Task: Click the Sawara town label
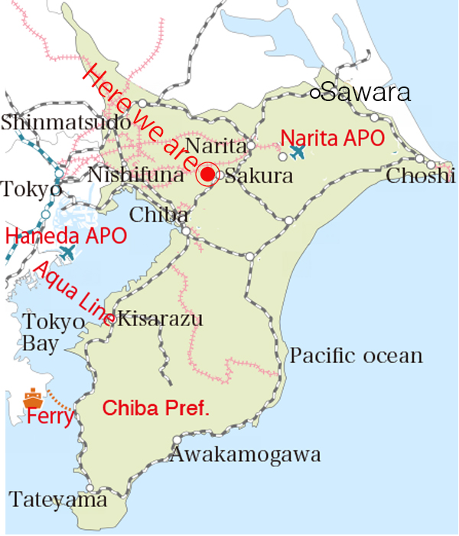pos(366,93)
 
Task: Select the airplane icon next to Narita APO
pos(297,152)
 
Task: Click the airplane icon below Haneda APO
pos(68,251)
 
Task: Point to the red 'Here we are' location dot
pos(207,175)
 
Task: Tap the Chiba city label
pos(159,214)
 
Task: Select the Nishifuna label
pos(136,175)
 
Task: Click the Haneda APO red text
pos(66,235)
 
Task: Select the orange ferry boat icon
pos(32,398)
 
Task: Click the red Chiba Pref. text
pos(155,408)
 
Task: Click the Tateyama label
pos(58,501)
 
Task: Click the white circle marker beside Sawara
pos(314,93)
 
